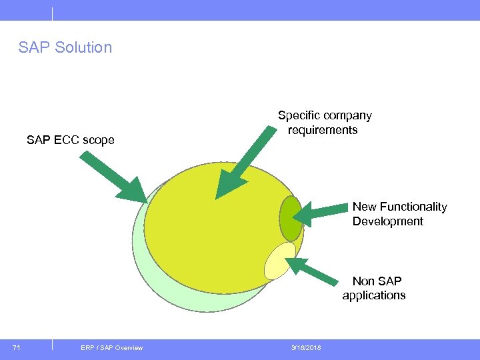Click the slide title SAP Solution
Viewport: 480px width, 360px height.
[x=65, y=47]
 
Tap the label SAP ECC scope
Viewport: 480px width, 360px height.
[x=71, y=140]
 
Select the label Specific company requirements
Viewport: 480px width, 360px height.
[x=324, y=123]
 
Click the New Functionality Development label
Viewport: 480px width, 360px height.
[x=399, y=214]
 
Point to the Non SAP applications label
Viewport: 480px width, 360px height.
[x=374, y=288]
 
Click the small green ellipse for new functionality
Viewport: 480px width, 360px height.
[x=291, y=218]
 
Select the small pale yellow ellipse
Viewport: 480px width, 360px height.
[x=279, y=260]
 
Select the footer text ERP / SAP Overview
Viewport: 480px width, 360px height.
[x=111, y=347]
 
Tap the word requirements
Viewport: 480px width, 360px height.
[x=323, y=130]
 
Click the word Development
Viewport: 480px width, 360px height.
[x=387, y=221]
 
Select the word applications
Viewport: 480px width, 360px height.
[x=374, y=295]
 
